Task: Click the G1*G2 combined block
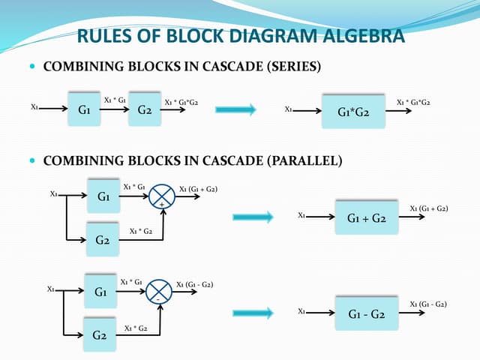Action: click(x=352, y=112)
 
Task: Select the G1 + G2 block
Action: click(x=367, y=218)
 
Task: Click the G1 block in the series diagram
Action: click(x=85, y=109)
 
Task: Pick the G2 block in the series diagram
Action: click(x=145, y=109)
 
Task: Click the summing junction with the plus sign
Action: click(x=161, y=197)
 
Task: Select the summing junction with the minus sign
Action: click(x=157, y=291)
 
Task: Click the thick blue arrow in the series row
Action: click(x=235, y=110)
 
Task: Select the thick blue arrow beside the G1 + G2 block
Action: click(x=252, y=217)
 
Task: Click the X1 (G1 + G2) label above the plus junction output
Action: click(x=199, y=189)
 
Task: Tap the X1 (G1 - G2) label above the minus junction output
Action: click(x=194, y=284)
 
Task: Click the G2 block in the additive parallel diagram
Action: click(x=103, y=240)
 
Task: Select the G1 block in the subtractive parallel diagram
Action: click(x=100, y=289)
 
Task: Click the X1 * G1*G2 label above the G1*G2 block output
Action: click(x=418, y=102)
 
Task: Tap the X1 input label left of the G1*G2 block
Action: click(x=288, y=109)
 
